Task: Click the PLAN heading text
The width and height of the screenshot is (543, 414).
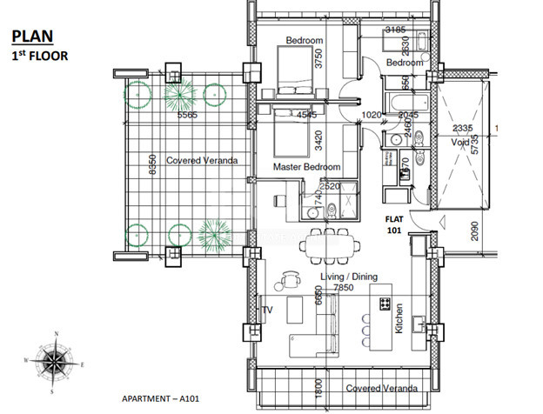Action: pyautogui.click(x=31, y=37)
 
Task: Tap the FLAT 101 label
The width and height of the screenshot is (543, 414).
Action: pyautogui.click(x=396, y=226)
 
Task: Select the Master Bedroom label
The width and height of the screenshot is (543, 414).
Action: pyautogui.click(x=305, y=166)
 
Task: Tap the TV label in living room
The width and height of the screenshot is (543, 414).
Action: pyautogui.click(x=267, y=309)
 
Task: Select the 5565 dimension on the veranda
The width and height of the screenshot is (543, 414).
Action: pyautogui.click(x=188, y=115)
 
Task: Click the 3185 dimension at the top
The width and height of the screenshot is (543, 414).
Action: pyautogui.click(x=396, y=30)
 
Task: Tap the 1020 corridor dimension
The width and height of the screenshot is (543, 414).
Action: pyautogui.click(x=371, y=114)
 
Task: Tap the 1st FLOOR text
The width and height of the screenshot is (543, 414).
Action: pyautogui.click(x=40, y=56)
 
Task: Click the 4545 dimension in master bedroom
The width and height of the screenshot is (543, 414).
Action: pyautogui.click(x=307, y=114)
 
